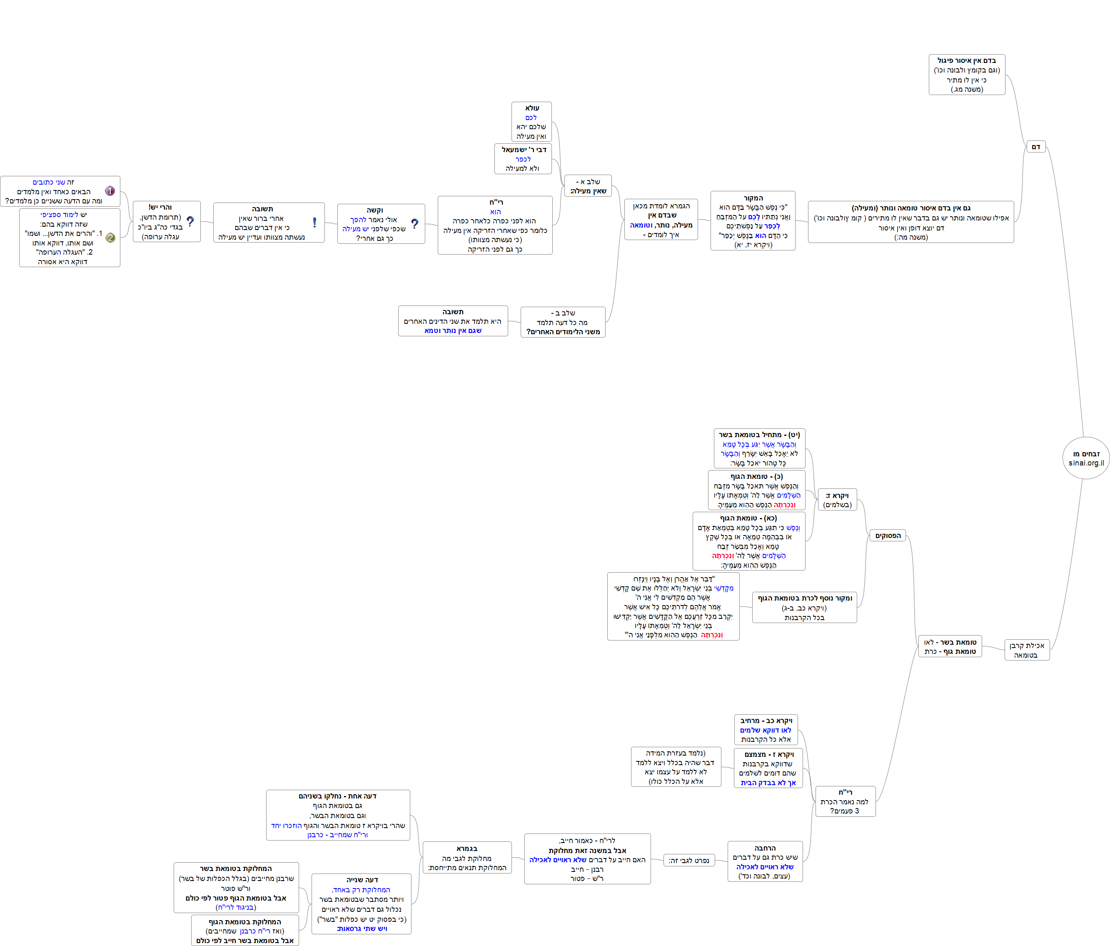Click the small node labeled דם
1035,147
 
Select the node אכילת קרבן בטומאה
1026,650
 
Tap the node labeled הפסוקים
888,536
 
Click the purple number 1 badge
110,191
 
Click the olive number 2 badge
110,238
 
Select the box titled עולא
531,122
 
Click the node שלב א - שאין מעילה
588,186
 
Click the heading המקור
753,198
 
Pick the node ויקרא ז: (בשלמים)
837,500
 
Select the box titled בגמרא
466,858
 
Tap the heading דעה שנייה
362,880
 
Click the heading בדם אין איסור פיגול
966,60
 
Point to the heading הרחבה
765,848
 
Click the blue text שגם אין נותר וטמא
453,331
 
